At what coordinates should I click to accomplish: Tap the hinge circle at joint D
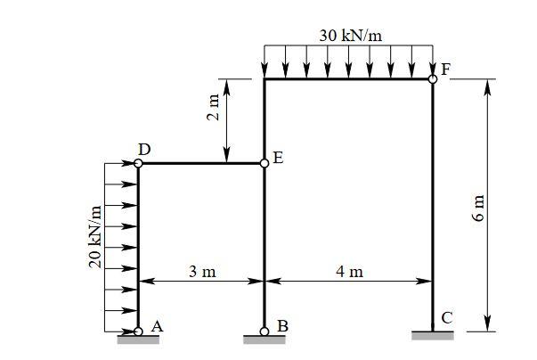[138, 163]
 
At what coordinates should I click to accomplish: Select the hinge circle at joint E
[264, 163]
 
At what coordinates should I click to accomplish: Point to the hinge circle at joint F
[433, 79]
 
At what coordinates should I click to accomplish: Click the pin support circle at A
[138, 331]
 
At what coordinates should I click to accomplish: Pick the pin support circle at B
[264, 331]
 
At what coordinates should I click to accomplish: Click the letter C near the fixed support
[446, 317]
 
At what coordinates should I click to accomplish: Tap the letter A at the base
[157, 326]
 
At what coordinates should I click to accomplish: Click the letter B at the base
[282, 326]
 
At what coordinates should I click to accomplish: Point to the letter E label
[278, 159]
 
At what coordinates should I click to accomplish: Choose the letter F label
[445, 70]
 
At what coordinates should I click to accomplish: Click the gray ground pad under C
[433, 336]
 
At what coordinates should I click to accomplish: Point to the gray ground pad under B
[264, 340]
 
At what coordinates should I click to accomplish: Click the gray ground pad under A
[138, 340]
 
